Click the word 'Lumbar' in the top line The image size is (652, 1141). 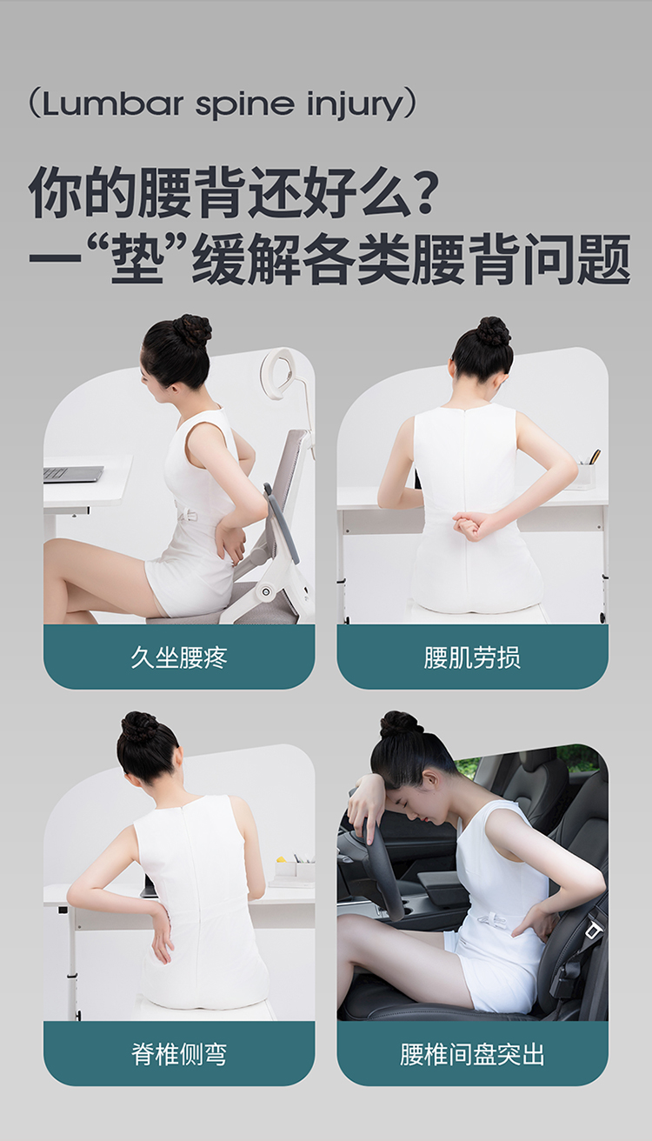click(112, 103)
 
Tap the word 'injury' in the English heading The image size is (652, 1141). click(355, 105)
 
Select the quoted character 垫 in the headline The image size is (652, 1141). click(137, 258)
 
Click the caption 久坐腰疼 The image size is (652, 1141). click(179, 657)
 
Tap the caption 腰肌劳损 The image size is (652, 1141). click(472, 657)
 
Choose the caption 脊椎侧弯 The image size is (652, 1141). click(179, 1054)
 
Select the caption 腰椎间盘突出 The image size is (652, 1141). click(472, 1054)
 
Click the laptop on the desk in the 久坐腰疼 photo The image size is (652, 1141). click(73, 474)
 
